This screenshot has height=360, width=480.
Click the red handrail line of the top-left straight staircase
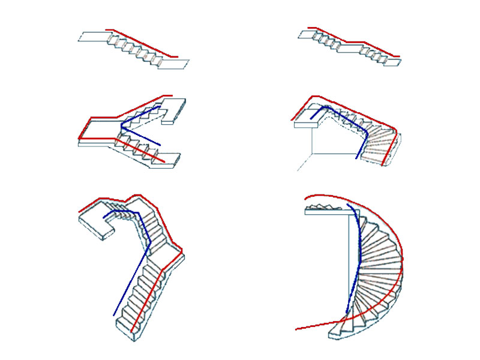tap(142, 43)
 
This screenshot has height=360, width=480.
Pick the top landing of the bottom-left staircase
tap(93, 222)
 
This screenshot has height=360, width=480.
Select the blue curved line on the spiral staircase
tap(358, 264)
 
